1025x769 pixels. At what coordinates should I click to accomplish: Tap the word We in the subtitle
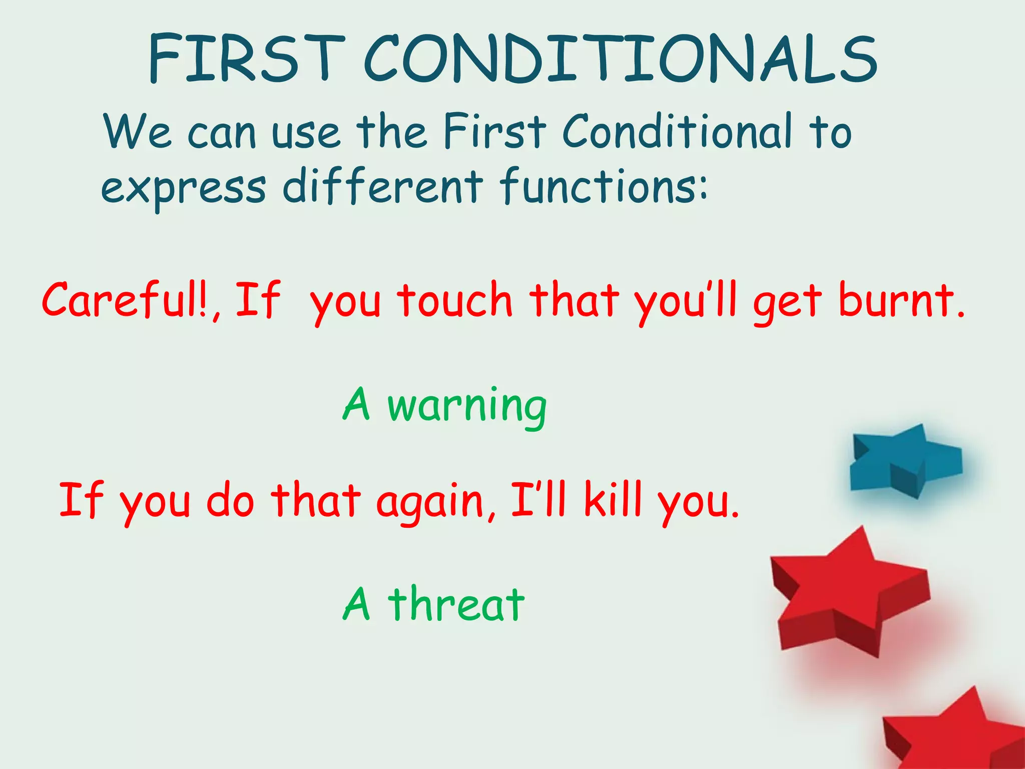coord(137,131)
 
